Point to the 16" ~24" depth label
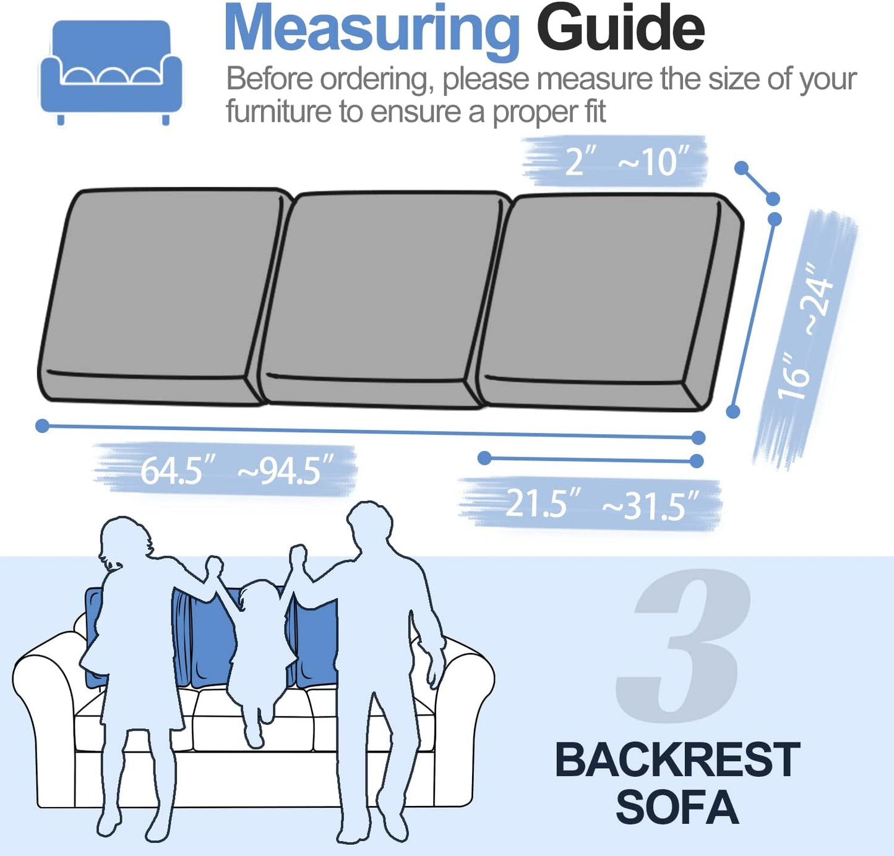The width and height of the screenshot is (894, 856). (806, 334)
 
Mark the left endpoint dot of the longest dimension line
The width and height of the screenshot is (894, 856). (42, 426)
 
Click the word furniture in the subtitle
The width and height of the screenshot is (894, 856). (278, 112)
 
